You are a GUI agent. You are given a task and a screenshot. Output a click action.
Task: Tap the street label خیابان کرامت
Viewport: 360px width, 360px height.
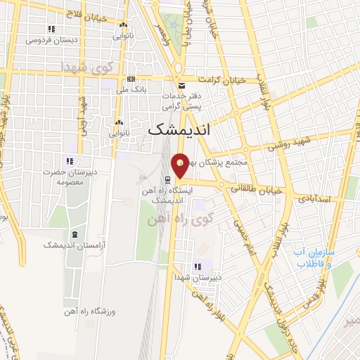[x=221, y=81]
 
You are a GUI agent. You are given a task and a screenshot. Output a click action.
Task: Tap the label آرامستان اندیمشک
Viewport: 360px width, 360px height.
[x=70, y=245]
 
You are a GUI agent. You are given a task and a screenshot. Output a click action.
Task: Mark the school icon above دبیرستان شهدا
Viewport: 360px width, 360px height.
[x=198, y=266]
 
